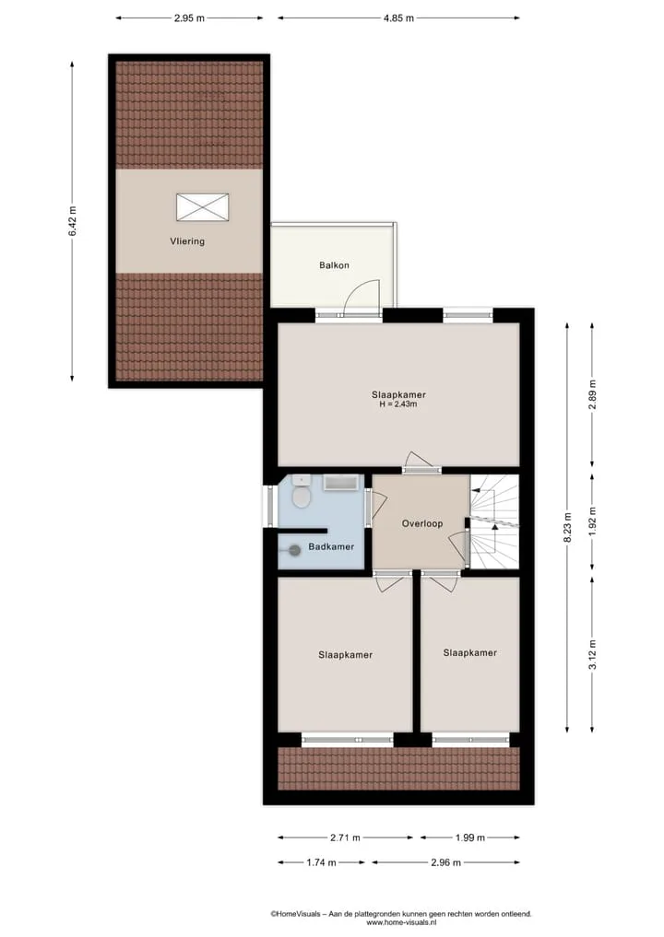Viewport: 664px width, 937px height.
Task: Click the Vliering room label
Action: pos(187,241)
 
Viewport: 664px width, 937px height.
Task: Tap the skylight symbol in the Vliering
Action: pos(202,206)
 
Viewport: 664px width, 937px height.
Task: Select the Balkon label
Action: pos(334,265)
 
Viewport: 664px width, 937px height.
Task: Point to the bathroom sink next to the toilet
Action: pos(302,480)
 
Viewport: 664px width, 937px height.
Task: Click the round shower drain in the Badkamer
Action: pos(295,551)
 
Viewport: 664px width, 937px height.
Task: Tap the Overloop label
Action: pos(422,523)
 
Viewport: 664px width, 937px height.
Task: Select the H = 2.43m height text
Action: pos(398,404)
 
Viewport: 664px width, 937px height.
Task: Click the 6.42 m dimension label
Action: pos(72,220)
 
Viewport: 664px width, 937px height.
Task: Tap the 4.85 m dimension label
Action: pos(399,18)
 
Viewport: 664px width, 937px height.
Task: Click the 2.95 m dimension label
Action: pos(190,18)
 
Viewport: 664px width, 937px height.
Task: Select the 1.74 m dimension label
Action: pos(321,862)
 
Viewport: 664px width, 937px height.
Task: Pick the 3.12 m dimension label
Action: pos(593,654)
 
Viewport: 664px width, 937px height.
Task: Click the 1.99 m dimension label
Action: pos(470,837)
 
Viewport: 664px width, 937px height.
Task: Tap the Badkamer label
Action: pos(331,546)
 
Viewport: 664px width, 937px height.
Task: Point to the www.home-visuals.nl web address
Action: pos(401,922)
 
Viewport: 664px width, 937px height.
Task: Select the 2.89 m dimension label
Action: pos(593,395)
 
